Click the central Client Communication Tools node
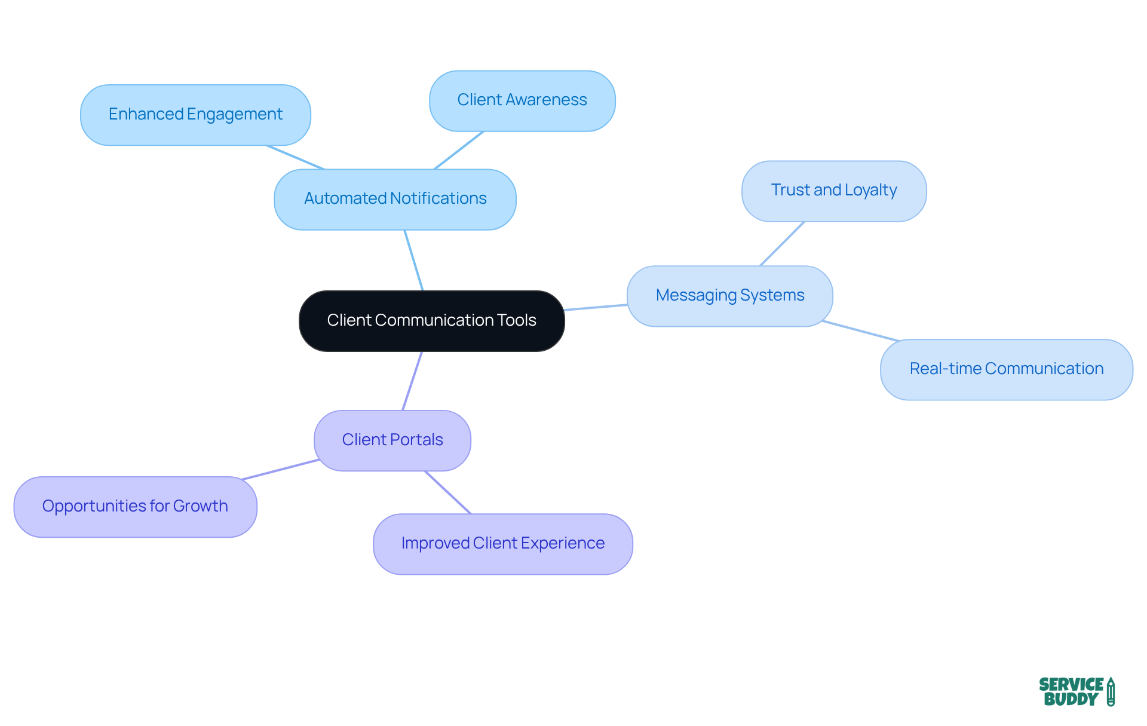click(431, 321)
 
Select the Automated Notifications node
click(395, 199)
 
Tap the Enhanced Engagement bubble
click(195, 115)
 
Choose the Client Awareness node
click(522, 100)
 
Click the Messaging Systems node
click(729, 296)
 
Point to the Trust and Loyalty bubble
click(833, 191)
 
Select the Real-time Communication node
click(1006, 369)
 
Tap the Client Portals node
click(392, 440)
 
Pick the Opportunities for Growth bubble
click(135, 507)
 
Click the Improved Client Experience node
click(502, 544)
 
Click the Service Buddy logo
click(1076, 692)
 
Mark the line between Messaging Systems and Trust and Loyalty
click(782, 244)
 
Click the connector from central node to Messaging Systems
click(596, 307)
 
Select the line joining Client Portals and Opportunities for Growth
click(280, 470)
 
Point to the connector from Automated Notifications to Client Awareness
click(458, 151)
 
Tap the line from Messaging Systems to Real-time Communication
click(860, 331)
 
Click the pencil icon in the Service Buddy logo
click(1111, 692)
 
